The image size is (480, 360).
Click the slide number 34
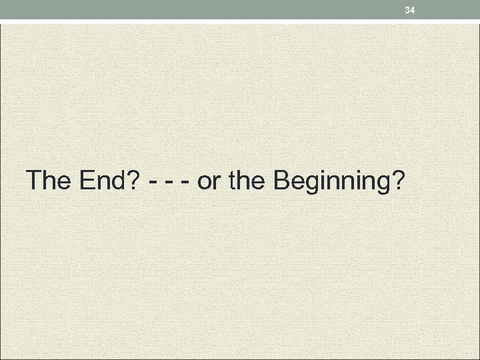(x=410, y=9)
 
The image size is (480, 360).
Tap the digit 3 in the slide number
(x=407, y=9)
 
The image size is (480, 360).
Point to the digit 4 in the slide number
(x=413, y=9)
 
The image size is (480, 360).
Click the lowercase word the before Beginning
(x=247, y=180)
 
